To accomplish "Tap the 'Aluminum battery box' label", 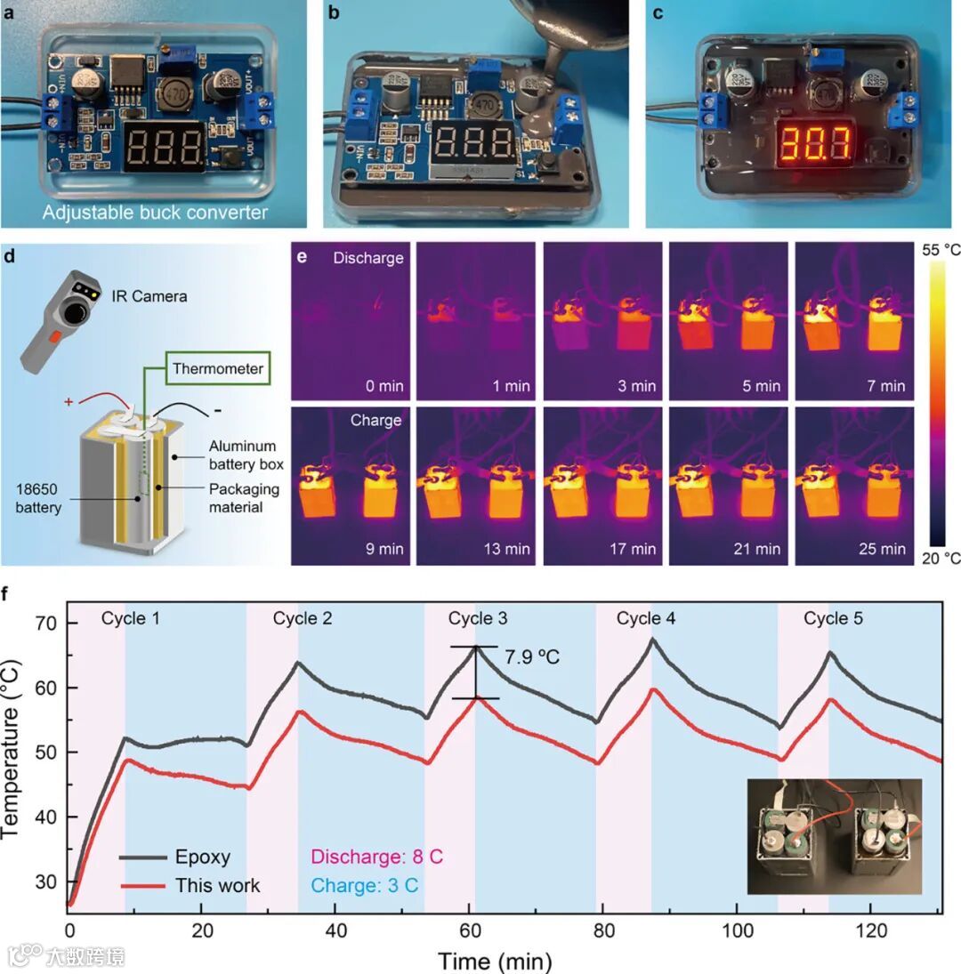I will [243, 455].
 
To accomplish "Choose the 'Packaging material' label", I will [244, 498].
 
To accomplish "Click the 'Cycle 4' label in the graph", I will [646, 618].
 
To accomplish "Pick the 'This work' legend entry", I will [217, 885].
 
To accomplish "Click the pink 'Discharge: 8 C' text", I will [367, 857].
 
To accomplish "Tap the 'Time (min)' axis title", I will [494, 961].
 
